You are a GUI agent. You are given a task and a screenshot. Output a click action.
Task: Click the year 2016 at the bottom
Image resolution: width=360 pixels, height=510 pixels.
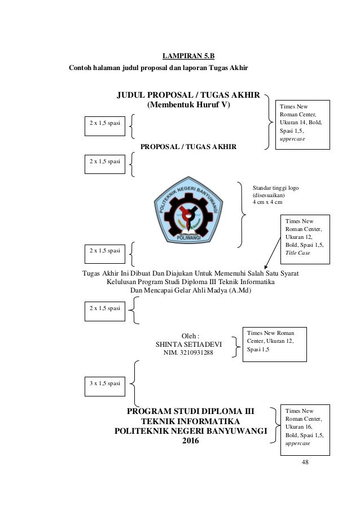191,442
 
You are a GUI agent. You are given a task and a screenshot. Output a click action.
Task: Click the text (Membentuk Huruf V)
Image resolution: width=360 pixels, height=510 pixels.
189,105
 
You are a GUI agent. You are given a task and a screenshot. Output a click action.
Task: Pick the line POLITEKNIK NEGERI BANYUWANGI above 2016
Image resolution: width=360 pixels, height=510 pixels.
190,431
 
